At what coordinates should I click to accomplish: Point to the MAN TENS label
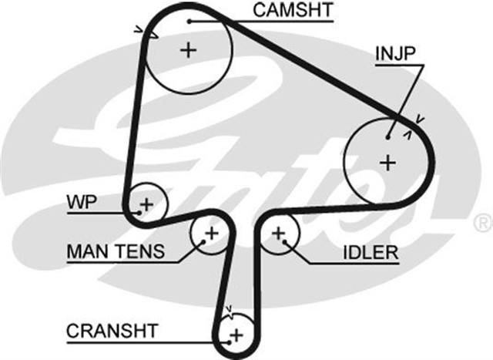coord(116,251)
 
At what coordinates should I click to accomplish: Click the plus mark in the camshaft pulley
coord(188,52)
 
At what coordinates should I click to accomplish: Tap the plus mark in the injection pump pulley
coord(388,163)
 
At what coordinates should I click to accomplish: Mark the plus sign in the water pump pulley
coord(146,204)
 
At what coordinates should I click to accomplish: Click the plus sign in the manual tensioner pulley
coord(211,233)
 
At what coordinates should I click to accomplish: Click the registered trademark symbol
coord(483,224)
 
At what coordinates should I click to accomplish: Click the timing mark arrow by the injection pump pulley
coord(418,119)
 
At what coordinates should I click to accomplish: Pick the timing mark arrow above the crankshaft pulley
coord(228,311)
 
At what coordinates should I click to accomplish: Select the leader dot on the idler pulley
coord(284,241)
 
